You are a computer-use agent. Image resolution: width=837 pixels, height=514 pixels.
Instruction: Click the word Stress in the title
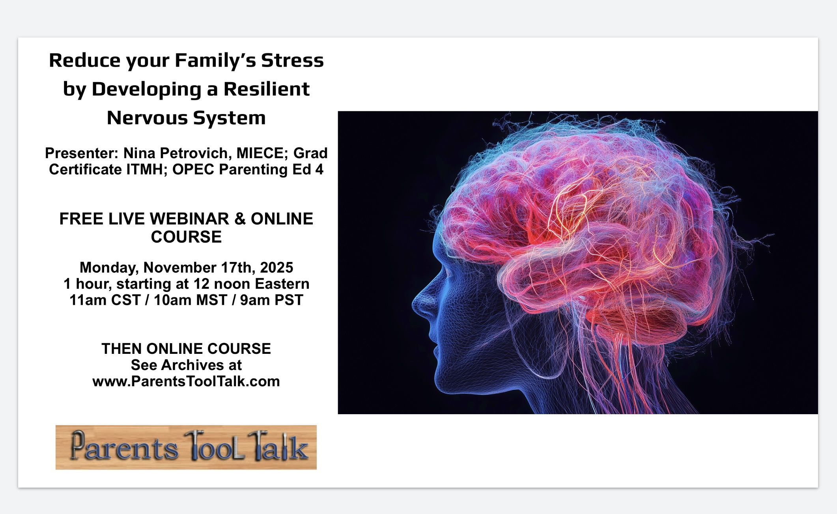tap(292, 60)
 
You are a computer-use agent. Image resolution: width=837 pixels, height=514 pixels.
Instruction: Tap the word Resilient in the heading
tap(267, 89)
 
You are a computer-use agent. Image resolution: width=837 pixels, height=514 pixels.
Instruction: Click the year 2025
tap(277, 267)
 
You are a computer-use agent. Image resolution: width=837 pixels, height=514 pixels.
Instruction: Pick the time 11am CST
tap(105, 300)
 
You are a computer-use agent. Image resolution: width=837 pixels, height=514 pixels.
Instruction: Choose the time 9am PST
tap(272, 300)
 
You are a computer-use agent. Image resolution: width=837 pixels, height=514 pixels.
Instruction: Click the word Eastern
tap(282, 284)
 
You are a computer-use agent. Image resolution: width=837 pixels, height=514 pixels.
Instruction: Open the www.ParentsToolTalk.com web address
tap(186, 381)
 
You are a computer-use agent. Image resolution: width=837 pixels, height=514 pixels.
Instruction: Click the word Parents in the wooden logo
tap(124, 447)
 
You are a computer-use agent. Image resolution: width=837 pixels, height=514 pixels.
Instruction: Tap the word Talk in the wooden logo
tap(278, 447)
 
